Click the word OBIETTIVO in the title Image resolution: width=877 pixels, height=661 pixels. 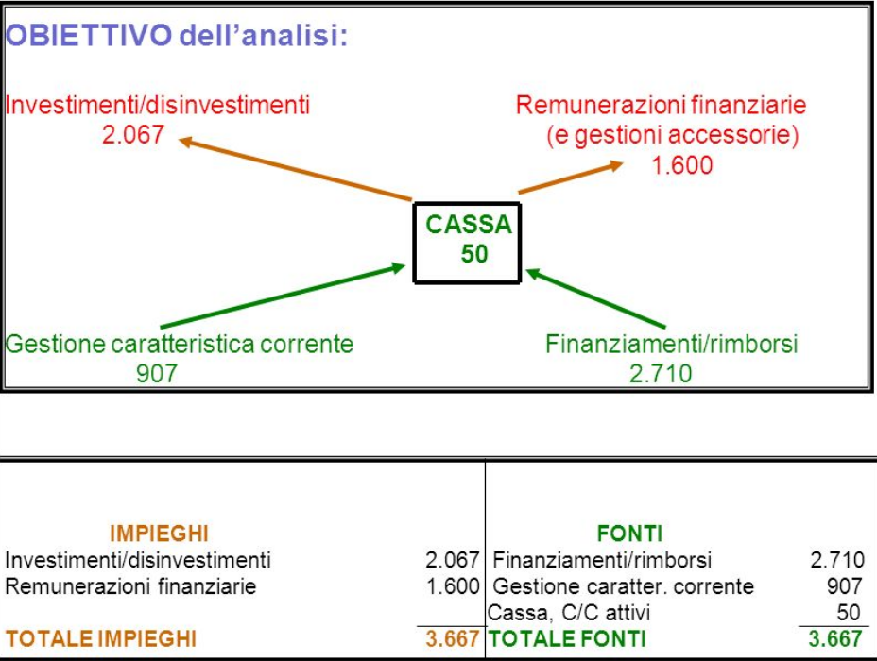point(89,36)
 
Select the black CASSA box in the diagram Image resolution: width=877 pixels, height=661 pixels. point(468,241)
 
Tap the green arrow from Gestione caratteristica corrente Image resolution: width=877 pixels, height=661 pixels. point(284,297)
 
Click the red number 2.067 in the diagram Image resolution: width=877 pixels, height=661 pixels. point(132,135)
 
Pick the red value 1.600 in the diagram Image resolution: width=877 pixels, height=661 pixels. point(681,166)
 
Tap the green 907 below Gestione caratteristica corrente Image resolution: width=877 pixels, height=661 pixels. point(157,374)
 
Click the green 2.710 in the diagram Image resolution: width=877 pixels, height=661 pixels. point(661,374)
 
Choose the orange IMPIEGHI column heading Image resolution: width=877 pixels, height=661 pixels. point(159,534)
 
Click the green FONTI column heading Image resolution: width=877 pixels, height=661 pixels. point(629,534)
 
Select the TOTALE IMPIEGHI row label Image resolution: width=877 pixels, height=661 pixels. point(101,639)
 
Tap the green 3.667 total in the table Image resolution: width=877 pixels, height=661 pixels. point(836,639)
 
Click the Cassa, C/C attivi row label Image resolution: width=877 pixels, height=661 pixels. point(569,614)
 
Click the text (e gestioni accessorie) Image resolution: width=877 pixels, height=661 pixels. point(672,136)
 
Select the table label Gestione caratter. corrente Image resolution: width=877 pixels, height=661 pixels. point(624,586)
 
